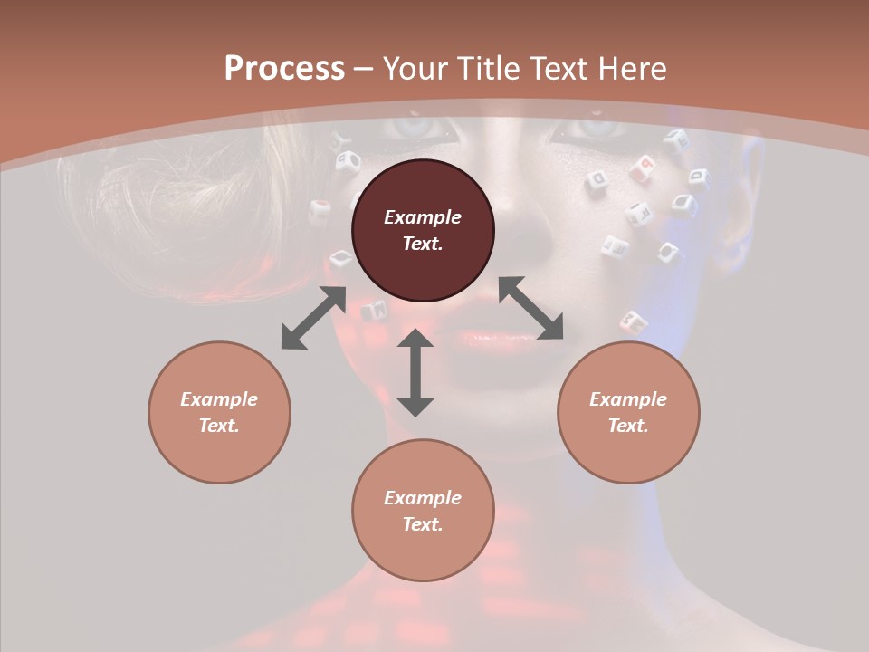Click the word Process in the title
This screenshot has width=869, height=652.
284,68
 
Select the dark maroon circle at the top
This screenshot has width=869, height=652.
423,230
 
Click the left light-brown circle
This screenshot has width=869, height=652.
219,412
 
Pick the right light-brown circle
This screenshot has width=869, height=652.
628,412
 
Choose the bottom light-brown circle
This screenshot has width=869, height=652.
423,511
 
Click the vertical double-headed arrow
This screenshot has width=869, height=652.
415,372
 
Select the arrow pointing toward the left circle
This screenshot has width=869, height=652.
313,318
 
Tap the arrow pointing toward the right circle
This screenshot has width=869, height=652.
531,308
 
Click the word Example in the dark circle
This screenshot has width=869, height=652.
423,217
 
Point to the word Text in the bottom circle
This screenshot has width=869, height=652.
423,524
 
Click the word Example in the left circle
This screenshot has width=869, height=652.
219,399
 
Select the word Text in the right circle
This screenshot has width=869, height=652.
628,426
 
